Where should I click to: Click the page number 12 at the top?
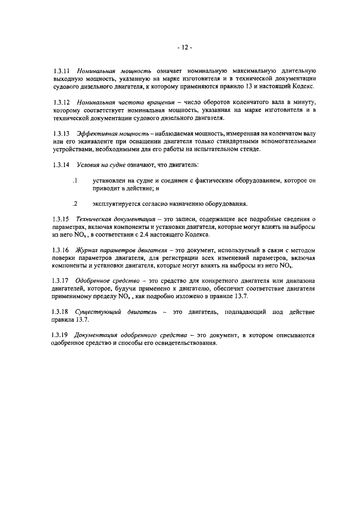click(x=181, y=48)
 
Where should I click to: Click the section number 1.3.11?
click(x=60, y=71)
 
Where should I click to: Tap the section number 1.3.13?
click(x=60, y=134)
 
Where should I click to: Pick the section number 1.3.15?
click(x=60, y=218)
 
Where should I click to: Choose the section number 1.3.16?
click(x=60, y=250)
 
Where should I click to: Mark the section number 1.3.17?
click(x=60, y=280)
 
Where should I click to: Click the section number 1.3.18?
click(x=60, y=312)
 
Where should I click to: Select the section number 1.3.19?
click(x=60, y=336)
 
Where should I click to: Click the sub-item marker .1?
click(x=74, y=180)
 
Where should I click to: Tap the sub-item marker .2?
click(x=74, y=203)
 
